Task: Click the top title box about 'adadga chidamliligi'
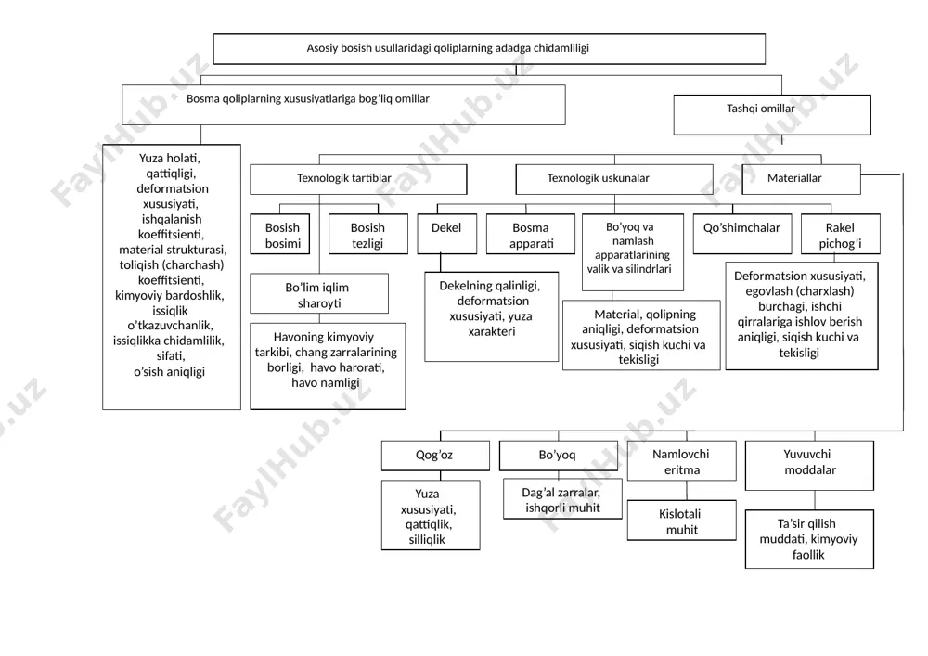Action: [489, 48]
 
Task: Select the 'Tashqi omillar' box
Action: [772, 115]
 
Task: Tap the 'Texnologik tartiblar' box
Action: [358, 179]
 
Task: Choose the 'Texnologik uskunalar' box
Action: [614, 179]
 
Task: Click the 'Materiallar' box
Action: [802, 179]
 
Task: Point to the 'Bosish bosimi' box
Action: [280, 234]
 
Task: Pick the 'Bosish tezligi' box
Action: [368, 234]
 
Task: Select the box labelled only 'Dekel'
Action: [447, 234]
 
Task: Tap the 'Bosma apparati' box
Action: [531, 234]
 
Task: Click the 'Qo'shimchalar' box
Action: [742, 234]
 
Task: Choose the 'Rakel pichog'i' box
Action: [841, 234]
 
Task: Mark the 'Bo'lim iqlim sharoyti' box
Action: [319, 293]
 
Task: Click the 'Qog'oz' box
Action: [435, 456]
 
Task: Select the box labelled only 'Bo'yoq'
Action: [559, 456]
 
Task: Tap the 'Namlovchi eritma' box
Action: [682, 461]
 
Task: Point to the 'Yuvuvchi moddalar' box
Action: [809, 466]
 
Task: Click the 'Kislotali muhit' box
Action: [682, 521]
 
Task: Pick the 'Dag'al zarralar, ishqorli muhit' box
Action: [563, 499]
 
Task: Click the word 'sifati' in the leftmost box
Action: [171, 356]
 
